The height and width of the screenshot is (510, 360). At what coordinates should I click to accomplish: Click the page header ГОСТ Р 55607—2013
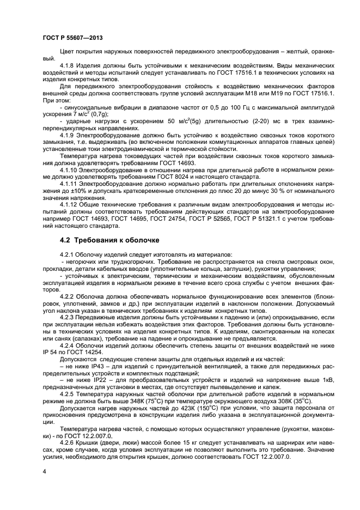[72, 38]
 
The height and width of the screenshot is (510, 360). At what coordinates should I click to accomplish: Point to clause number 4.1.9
[69, 134]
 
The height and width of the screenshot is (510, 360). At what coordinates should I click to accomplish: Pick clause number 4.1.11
[71, 184]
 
